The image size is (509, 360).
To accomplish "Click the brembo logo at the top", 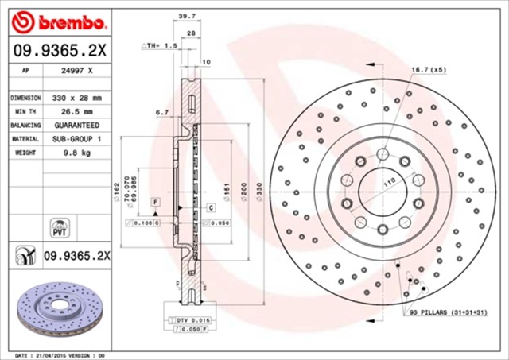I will tap(59, 19).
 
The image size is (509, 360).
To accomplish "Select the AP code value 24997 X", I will tap(77, 70).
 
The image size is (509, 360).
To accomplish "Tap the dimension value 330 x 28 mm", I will tap(77, 97).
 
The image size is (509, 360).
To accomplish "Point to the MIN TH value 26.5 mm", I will tap(77, 111).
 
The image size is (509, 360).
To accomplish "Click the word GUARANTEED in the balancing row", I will tap(77, 126).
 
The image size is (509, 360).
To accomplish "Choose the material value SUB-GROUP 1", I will tap(77, 139).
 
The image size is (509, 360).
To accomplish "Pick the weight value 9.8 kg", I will tap(77, 153).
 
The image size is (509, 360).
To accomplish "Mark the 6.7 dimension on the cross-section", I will tap(162, 112).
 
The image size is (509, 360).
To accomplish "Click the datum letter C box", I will tap(212, 207).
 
